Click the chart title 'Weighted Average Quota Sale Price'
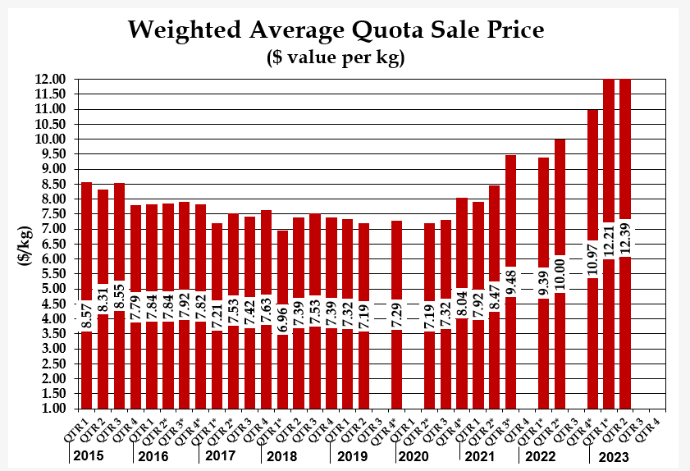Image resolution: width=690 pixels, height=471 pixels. [x=336, y=31]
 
